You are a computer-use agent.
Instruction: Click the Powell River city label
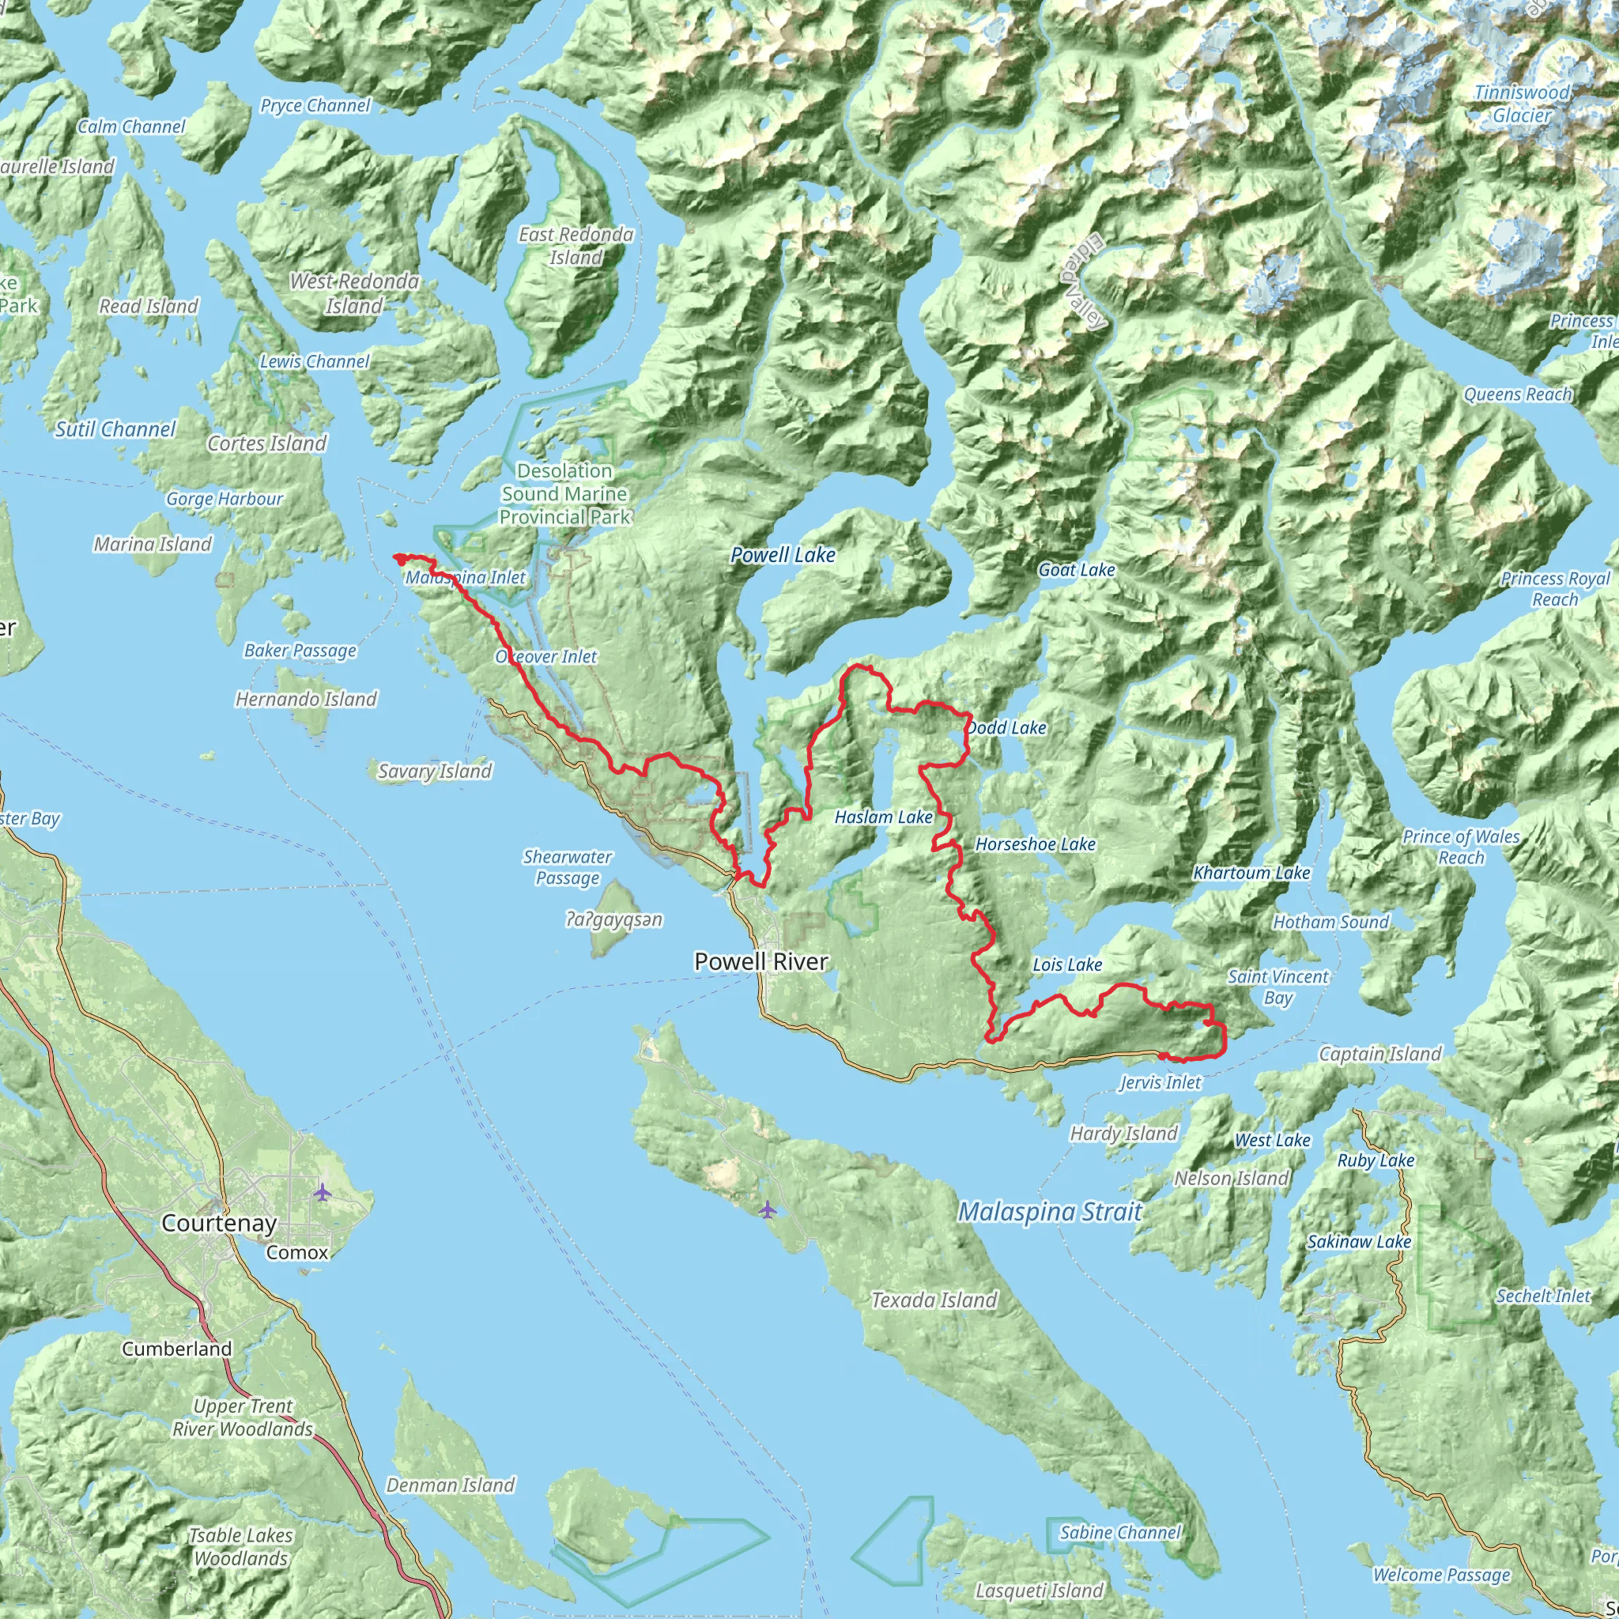tap(761, 962)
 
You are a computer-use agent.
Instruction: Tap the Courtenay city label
tap(219, 1224)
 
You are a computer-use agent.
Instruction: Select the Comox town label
tap(297, 1253)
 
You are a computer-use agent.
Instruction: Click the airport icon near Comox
tap(323, 1191)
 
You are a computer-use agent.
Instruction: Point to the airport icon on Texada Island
tap(768, 1210)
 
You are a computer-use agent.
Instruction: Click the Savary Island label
tap(434, 772)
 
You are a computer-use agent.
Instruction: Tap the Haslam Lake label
tap(883, 817)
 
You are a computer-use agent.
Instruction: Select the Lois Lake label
tap(1066, 965)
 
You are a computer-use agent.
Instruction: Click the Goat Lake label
tap(1076, 571)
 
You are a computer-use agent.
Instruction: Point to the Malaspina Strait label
tap(1050, 1212)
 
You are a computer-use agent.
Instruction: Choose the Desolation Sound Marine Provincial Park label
tap(564, 494)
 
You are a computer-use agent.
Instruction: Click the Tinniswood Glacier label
tap(1522, 104)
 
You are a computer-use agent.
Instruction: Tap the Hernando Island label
tap(306, 700)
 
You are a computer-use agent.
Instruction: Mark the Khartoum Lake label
tap(1251, 874)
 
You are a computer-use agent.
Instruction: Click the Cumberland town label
tap(177, 1349)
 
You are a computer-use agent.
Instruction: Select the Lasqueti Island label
tap(1039, 1591)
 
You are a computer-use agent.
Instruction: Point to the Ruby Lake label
tap(1376, 1160)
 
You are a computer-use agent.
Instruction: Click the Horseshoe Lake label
tap(1035, 845)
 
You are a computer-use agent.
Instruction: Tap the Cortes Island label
tap(266, 444)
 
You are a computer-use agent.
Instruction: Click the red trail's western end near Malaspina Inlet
tap(396, 557)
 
